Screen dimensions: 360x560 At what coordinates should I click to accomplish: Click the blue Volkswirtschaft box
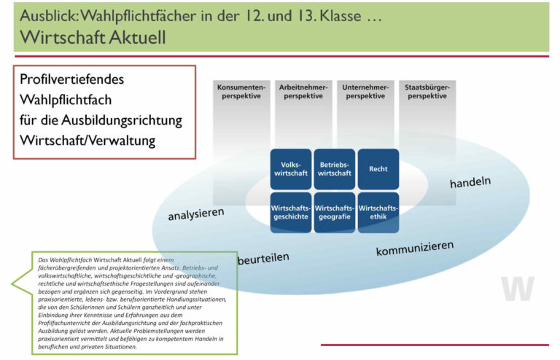(291, 169)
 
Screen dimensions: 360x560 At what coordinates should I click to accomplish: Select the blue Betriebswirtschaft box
(335, 169)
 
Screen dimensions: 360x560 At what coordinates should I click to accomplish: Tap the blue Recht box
(378, 169)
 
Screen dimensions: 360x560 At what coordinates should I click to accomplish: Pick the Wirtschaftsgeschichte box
(291, 212)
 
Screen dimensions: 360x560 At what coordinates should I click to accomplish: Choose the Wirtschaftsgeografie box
(335, 212)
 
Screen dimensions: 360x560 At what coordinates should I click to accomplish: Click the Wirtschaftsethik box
(378, 212)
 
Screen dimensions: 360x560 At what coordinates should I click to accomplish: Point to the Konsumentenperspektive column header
(238, 92)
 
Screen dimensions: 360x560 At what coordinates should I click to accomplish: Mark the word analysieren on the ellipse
(196, 214)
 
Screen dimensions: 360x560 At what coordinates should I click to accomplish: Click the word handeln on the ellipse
(470, 181)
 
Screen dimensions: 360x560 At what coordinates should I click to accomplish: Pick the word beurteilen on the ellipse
(262, 258)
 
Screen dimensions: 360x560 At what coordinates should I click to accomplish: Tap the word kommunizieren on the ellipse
(415, 249)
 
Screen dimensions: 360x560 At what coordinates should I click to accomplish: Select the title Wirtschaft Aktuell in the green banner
(93, 37)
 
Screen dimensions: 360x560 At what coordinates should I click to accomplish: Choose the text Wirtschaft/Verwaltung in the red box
(87, 140)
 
